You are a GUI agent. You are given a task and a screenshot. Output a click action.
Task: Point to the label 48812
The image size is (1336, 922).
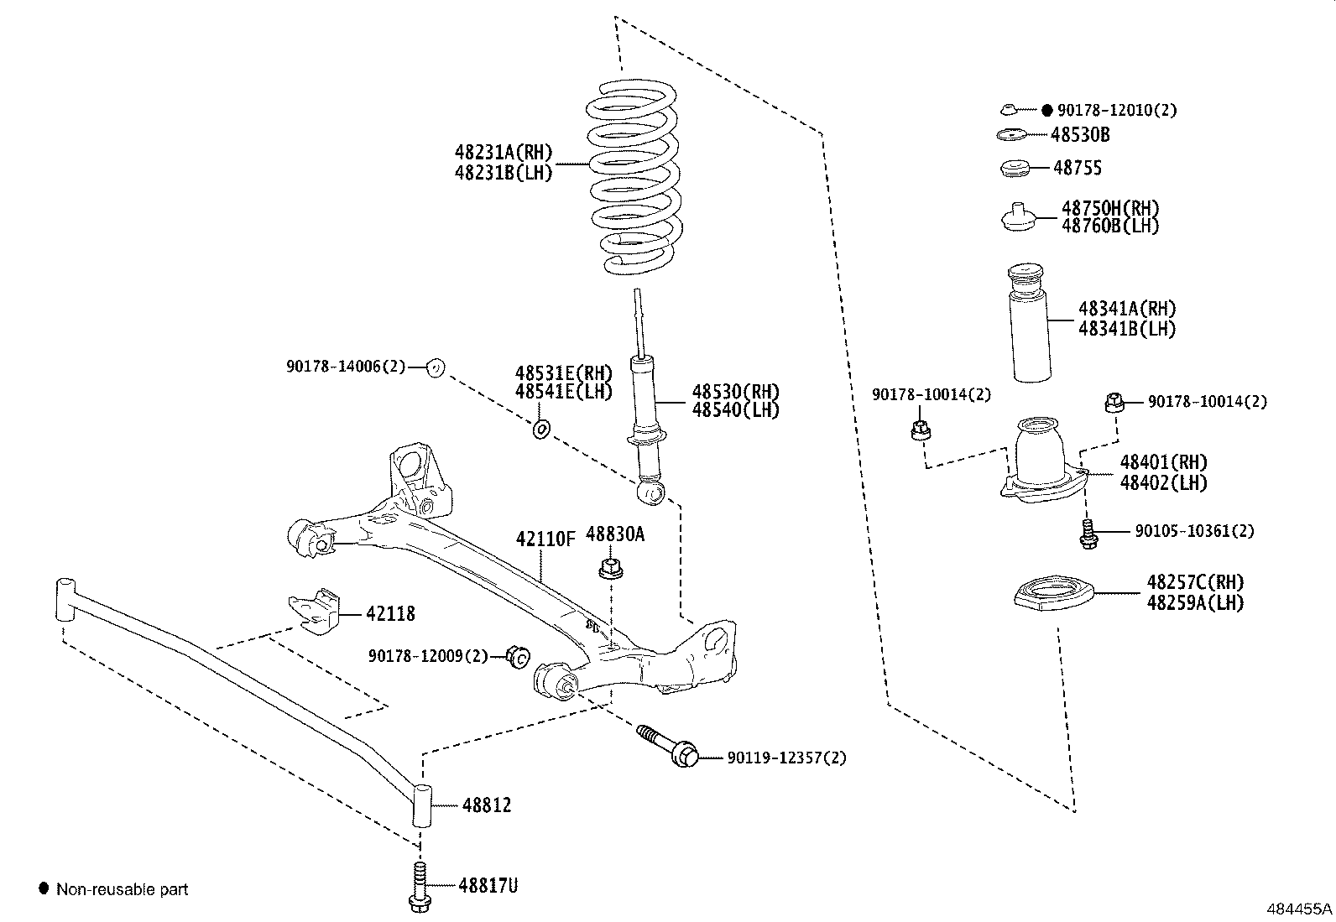coord(486,805)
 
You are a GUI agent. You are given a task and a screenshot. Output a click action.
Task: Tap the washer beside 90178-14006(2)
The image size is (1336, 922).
coord(435,367)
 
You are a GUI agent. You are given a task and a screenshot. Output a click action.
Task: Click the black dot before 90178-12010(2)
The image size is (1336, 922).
coord(1046,110)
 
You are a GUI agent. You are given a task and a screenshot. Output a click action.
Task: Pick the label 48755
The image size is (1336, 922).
coord(1078,168)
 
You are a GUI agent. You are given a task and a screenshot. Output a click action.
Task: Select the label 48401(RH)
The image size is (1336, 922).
coord(1163,462)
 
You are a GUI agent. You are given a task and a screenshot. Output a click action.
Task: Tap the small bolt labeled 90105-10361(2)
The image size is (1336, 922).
coord(1088,534)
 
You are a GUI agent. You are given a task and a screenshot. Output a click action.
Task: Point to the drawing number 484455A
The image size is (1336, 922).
coord(1298,909)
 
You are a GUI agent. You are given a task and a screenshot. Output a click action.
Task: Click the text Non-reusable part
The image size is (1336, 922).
coord(122,889)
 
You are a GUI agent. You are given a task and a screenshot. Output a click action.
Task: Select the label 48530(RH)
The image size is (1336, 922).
coord(735,392)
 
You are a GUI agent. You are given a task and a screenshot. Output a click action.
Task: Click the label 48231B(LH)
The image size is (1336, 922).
coord(504,173)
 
